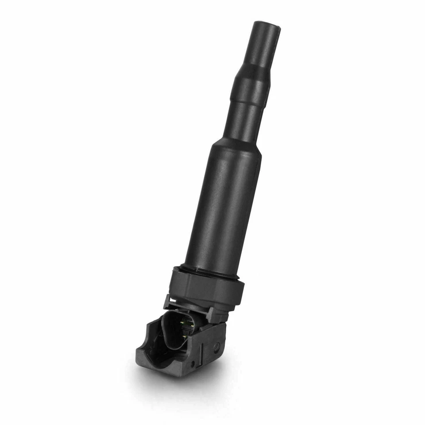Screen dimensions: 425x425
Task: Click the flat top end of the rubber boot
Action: click(x=267, y=25)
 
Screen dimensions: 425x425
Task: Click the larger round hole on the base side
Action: click(x=216, y=346)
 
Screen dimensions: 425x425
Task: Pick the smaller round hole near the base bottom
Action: click(x=193, y=364)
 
